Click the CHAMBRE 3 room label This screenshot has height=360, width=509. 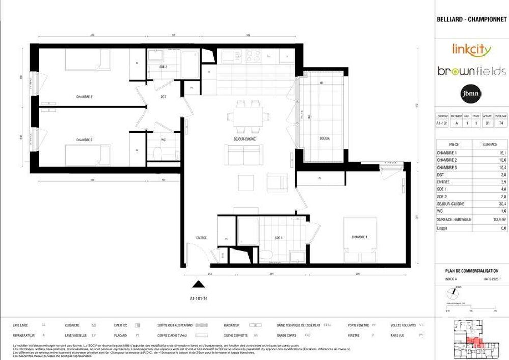pos(84,96)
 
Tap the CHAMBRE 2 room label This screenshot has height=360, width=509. pos(84,140)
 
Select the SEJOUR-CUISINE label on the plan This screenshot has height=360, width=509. pos(244,139)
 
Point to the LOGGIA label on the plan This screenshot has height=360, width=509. pos(325,139)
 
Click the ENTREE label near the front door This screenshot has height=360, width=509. pos(202,238)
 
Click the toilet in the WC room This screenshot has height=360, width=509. pos(157,153)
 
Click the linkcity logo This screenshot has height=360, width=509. pos(471,49)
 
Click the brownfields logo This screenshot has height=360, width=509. pos(471,71)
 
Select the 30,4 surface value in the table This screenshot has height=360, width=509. pos(489,203)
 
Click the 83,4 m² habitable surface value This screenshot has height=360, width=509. pos(489,219)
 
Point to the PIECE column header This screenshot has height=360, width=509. pos(454,144)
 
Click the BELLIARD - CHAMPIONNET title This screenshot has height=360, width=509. pos(472,20)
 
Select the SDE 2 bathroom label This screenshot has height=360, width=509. pos(163,67)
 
